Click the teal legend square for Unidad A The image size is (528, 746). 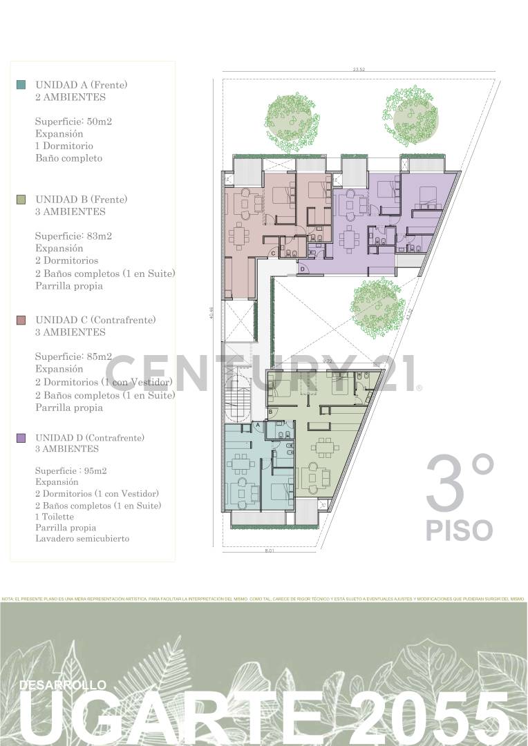(21, 84)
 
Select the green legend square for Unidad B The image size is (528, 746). (21, 200)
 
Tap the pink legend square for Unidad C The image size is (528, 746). (21, 321)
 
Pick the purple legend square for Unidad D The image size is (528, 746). (21, 438)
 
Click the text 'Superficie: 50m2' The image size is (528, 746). (73, 122)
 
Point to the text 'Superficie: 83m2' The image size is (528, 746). (73, 236)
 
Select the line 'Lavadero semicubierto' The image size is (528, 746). (82, 538)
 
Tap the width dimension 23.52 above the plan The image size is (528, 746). (358, 69)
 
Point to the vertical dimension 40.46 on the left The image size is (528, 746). (210, 313)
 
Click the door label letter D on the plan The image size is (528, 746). (302, 269)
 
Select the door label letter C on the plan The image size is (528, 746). (273, 254)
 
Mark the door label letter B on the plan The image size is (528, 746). (271, 412)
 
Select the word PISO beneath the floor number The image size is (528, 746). (459, 530)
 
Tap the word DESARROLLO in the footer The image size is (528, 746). (63, 685)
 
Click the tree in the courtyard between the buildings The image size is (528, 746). (377, 307)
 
